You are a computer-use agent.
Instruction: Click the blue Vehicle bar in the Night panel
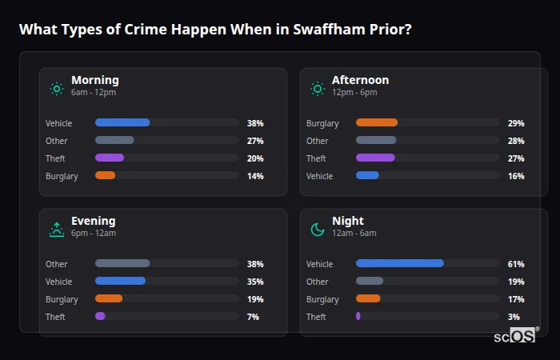[399, 264]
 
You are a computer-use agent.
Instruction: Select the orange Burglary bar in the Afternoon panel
[376, 123]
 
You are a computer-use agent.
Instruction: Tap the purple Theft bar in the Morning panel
[110, 158]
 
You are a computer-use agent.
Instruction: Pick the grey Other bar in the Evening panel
[122, 264]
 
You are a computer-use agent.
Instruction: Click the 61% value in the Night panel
[516, 264]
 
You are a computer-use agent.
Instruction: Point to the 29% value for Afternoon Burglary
[516, 123]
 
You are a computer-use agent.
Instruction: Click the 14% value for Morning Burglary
[255, 176]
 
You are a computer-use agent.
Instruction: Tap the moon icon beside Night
[318, 230]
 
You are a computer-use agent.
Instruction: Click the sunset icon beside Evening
[57, 230]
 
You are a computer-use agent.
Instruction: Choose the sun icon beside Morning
[57, 89]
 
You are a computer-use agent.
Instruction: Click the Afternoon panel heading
[360, 80]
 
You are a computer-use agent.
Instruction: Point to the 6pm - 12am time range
[94, 234]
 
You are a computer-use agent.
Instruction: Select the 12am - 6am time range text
[354, 234]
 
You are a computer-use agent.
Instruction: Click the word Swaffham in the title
[292, 30]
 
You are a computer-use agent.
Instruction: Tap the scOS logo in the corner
[516, 336]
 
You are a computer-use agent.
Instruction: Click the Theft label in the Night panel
[316, 317]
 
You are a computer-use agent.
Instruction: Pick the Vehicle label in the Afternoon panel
[319, 176]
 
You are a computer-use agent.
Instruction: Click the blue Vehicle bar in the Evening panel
[120, 282]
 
